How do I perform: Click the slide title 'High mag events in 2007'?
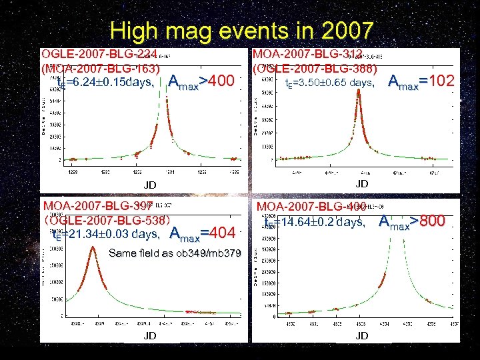242,31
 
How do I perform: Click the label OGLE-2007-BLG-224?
99,55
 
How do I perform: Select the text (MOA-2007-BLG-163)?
101,68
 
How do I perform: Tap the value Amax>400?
201,82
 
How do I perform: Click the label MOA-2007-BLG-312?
307,54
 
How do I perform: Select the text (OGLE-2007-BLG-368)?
314,68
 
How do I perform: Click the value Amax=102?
421,82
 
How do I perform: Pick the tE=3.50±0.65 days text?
329,83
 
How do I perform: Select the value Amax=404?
203,233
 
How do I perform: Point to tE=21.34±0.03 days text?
105,234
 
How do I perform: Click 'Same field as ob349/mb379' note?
175,253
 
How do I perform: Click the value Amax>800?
411,222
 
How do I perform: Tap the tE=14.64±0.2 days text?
314,223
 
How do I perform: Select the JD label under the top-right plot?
362,183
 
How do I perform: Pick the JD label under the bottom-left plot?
150,335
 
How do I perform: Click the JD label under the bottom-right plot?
362,335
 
